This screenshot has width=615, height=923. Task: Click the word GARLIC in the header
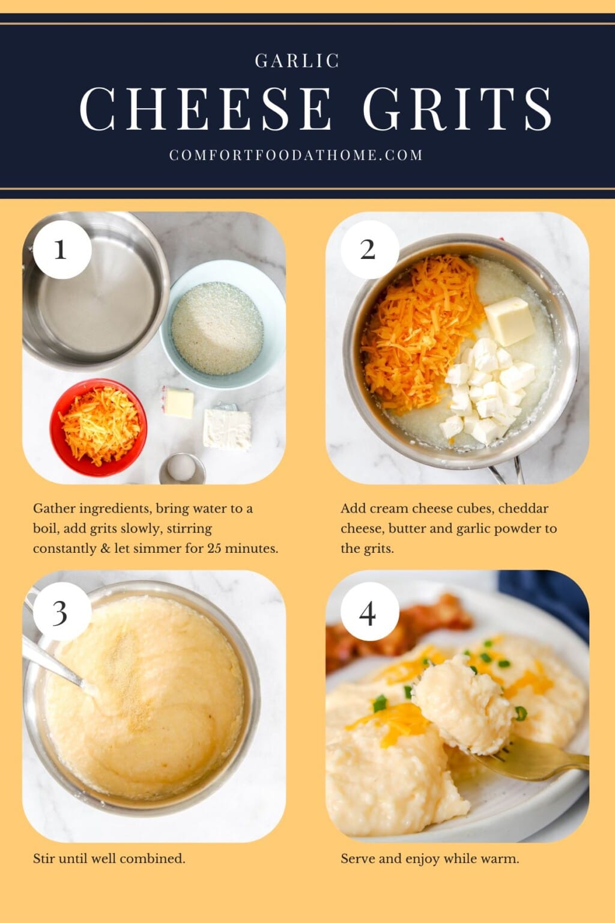297,61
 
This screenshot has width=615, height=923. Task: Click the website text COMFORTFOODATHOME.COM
296,155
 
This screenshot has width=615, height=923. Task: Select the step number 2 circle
368,249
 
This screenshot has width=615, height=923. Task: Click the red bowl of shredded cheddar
98,427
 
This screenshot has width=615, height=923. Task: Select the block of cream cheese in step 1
226,428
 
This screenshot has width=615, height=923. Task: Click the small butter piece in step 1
178,403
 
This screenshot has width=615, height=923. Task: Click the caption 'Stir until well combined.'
109,858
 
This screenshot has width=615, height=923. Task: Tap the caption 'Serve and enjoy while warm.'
429,858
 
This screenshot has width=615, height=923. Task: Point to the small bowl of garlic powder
182,469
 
